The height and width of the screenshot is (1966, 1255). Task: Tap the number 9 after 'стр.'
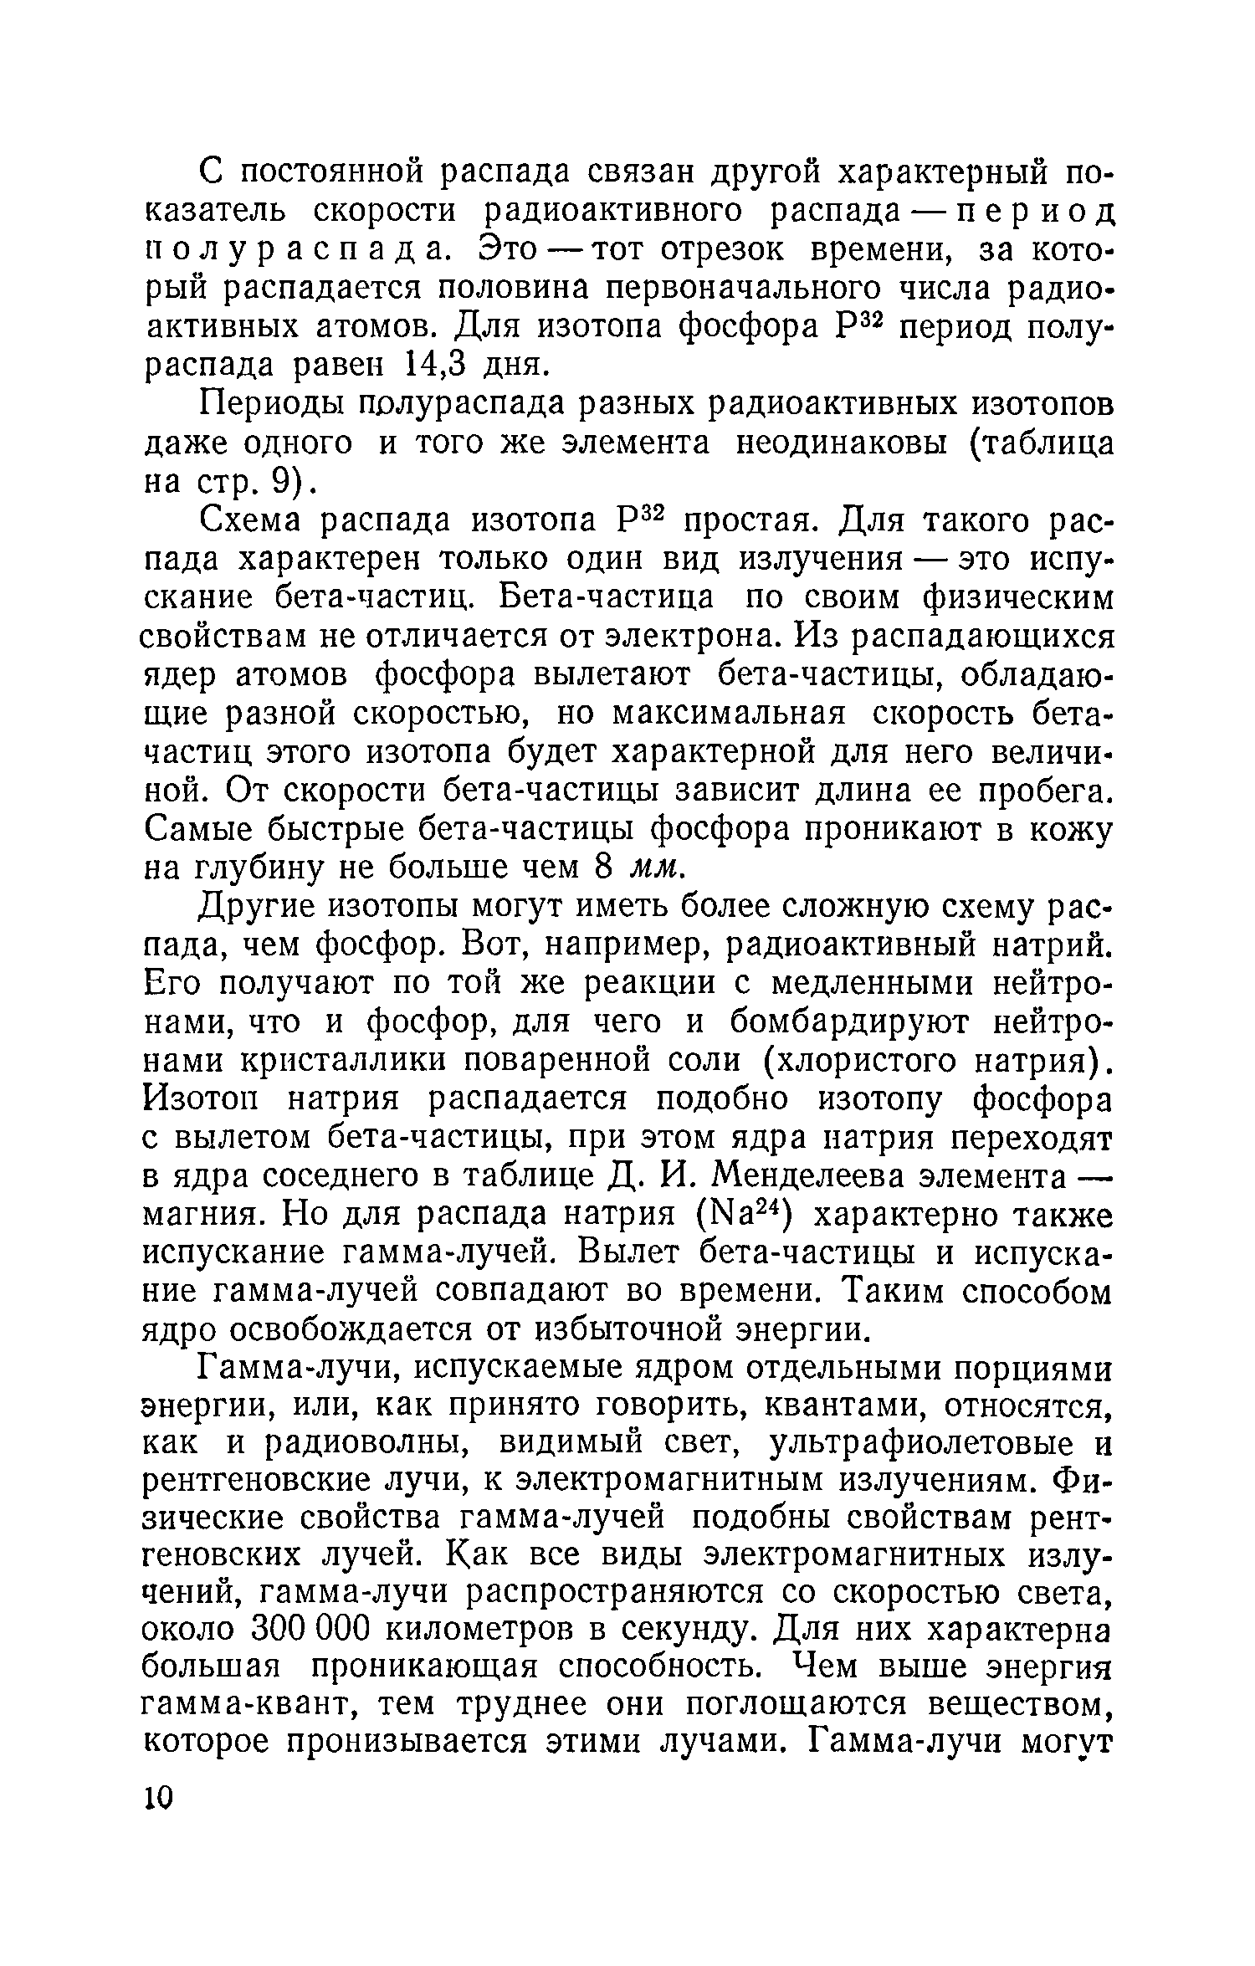(275, 483)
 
